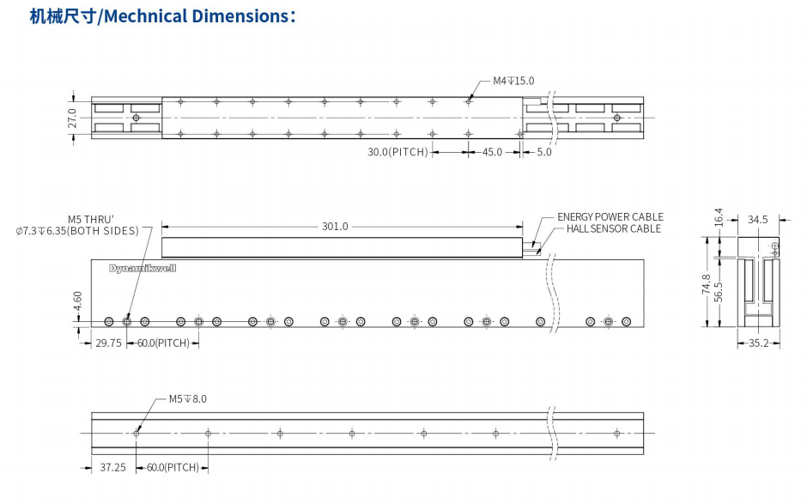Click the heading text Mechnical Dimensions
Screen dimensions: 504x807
pos(200,16)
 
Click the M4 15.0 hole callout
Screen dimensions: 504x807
pos(513,81)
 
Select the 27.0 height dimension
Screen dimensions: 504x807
pos(72,118)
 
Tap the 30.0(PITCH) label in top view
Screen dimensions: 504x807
pos(397,153)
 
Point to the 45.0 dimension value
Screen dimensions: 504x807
pos(492,153)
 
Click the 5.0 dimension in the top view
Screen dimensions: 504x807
pos(543,153)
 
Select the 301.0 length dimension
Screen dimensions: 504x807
pos(335,227)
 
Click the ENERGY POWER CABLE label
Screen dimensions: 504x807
pos(610,217)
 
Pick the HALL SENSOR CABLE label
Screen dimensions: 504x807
pos(613,229)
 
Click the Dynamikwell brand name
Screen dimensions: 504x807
pos(142,268)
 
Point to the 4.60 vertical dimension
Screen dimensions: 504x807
pos(78,302)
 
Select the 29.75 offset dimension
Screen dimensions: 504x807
pos(108,343)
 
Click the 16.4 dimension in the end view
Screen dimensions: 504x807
pos(719,218)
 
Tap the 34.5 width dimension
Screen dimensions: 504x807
pos(757,220)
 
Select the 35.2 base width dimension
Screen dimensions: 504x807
pos(758,343)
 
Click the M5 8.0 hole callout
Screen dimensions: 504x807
pos(187,399)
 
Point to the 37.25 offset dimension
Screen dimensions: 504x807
pos(112,468)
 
